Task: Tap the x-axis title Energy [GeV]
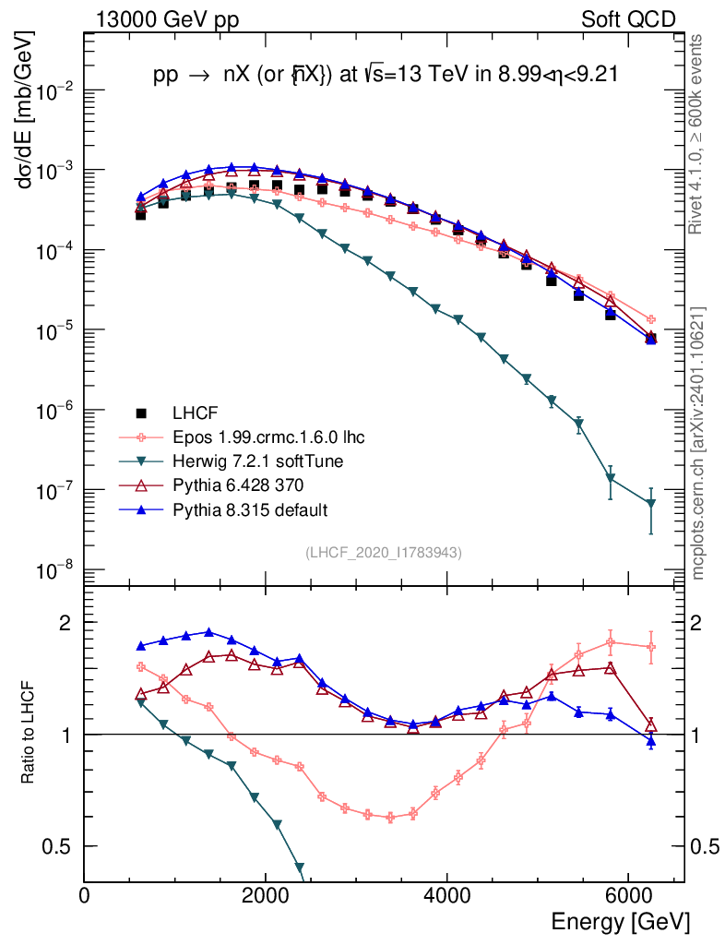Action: click(620, 921)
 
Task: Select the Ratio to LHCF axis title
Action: click(29, 733)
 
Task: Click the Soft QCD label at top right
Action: click(629, 19)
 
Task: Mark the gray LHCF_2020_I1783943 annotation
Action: click(383, 552)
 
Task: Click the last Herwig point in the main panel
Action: click(651, 503)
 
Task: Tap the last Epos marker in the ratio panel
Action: click(651, 647)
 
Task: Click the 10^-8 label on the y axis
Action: click(55, 569)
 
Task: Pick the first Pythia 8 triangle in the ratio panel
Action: click(141, 646)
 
